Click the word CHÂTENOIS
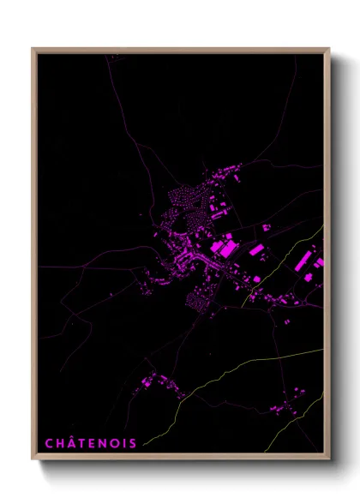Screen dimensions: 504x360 [90, 442]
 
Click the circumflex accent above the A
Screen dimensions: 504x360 [69, 437]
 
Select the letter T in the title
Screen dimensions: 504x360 [81, 442]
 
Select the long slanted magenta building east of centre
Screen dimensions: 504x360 [255, 249]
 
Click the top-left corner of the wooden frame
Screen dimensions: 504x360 [33, 49]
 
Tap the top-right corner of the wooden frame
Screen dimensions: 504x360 [329, 49]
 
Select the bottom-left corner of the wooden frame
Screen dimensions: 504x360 [33, 459]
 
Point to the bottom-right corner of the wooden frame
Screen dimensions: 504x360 [329, 459]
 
